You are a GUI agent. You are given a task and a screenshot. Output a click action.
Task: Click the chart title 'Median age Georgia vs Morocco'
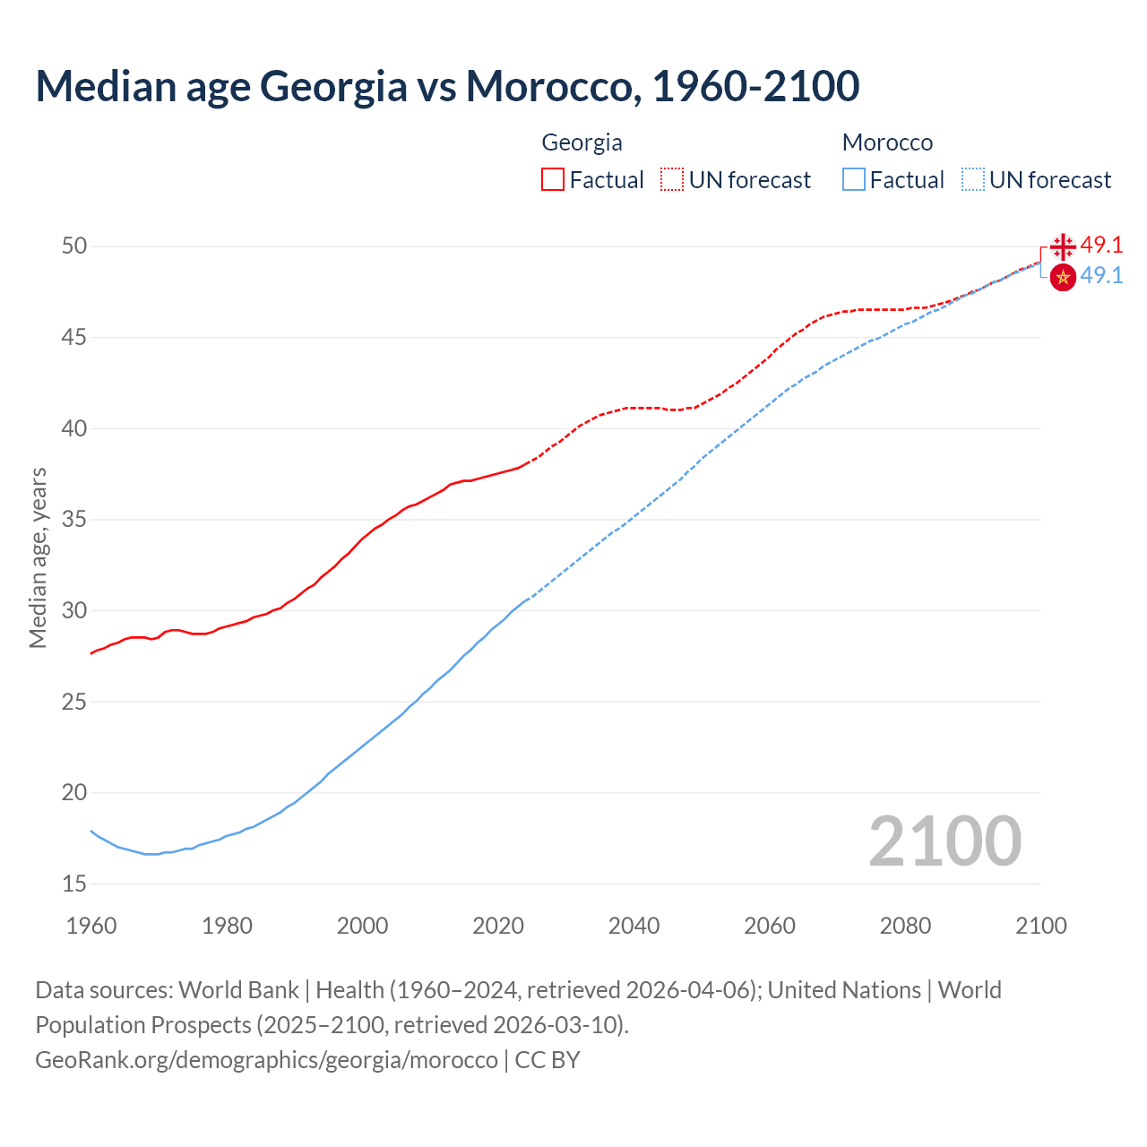[x=447, y=86]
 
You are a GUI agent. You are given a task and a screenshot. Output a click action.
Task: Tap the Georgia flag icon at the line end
[x=1063, y=246]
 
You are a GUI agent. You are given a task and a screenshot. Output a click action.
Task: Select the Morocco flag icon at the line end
[x=1063, y=278]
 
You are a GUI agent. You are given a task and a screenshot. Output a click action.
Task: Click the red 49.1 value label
[x=1101, y=245]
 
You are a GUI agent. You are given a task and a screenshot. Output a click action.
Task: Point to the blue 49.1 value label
[x=1101, y=275]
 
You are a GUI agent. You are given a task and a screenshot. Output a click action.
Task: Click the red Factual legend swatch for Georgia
[x=553, y=180]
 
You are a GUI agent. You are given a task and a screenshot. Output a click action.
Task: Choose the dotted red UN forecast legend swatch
[x=672, y=180]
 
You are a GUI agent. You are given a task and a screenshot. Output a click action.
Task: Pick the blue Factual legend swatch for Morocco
[x=854, y=180]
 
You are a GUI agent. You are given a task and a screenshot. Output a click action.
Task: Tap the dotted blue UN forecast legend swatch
[x=973, y=180]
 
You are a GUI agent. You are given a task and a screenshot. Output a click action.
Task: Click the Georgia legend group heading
[x=582, y=142]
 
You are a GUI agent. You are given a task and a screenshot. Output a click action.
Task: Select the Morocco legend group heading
[x=887, y=142]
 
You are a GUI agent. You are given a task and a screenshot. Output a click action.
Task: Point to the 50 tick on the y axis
[x=74, y=246]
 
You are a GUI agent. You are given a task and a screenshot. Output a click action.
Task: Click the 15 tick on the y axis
[x=74, y=884]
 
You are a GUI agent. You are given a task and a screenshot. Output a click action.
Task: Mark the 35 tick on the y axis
[x=74, y=519]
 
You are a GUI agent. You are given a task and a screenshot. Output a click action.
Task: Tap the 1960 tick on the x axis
[x=91, y=926]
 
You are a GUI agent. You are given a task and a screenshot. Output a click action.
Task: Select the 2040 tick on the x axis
[x=634, y=926]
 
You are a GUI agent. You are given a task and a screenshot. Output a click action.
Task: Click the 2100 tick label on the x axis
[x=1040, y=926]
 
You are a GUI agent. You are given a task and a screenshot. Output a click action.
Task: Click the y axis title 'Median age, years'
[x=38, y=557]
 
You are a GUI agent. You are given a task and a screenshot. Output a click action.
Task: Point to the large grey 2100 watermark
[x=944, y=841]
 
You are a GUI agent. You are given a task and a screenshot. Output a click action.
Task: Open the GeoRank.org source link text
[x=266, y=1060]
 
